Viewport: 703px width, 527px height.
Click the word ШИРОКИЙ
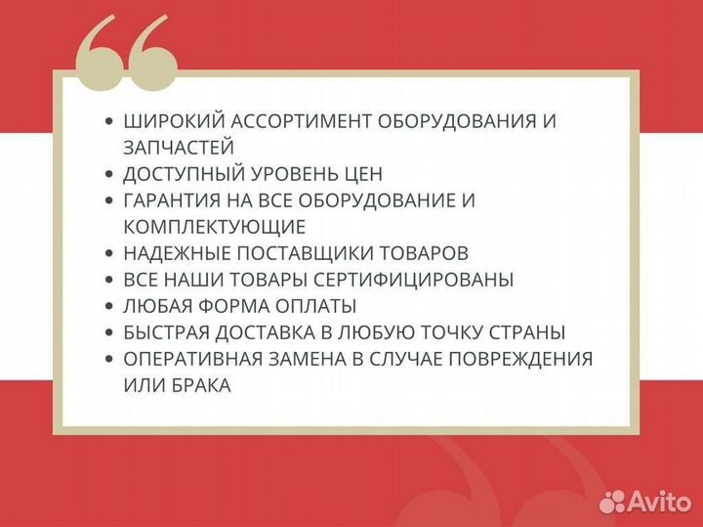pos(168,122)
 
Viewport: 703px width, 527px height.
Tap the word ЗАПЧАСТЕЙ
pos(179,148)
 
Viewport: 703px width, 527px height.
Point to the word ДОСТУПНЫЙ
pos(180,174)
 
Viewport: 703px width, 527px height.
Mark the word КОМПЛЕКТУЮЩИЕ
pos(215,227)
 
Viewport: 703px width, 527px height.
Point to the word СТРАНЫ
pos(531,332)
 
